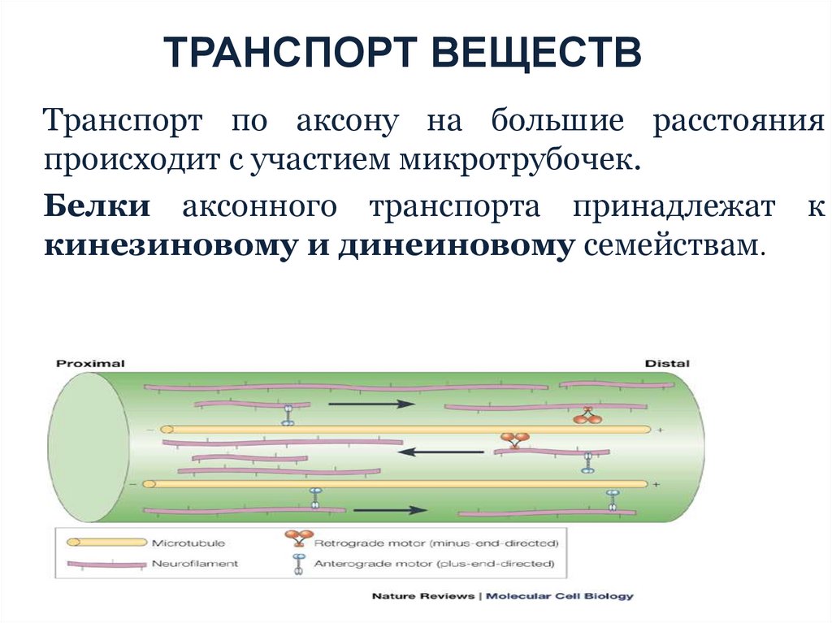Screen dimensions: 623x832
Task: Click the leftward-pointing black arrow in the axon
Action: (435, 452)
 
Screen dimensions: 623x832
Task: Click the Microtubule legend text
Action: (188, 543)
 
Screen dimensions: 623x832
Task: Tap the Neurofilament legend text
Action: (194, 563)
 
